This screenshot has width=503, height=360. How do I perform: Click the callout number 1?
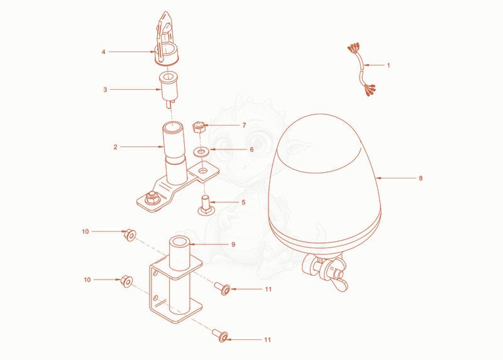[389, 65]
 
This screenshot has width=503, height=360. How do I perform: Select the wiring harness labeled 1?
[362, 70]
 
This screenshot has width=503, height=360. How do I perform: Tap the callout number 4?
[103, 52]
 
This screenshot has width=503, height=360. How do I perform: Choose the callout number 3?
[105, 90]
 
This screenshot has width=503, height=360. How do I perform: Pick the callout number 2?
[116, 147]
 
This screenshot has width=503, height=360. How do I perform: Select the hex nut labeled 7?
[199, 127]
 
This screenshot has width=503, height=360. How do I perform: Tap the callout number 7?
[245, 126]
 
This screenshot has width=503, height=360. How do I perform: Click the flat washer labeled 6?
[201, 151]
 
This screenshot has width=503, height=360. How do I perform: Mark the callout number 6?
[252, 150]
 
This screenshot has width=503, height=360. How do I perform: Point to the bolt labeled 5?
[205, 205]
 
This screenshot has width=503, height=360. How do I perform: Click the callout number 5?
[244, 202]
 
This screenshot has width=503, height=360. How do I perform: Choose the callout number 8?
[421, 178]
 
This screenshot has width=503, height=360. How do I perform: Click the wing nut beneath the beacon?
[340, 279]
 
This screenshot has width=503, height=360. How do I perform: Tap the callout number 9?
[233, 244]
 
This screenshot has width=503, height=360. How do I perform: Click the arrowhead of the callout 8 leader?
[378, 178]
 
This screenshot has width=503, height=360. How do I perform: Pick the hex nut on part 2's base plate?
[152, 198]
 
